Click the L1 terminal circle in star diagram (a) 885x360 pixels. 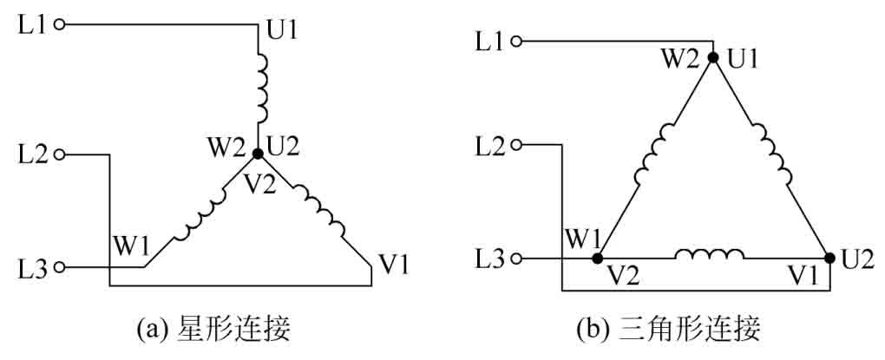tap(60, 25)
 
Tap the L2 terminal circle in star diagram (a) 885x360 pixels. tap(60, 155)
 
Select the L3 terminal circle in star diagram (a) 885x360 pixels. tap(60, 268)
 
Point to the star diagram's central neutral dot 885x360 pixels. tap(258, 154)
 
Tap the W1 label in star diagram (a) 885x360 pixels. tap(128, 246)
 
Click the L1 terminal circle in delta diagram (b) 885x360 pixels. tap(518, 41)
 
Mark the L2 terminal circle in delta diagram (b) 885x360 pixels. tap(518, 145)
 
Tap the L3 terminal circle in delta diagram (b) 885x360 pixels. tap(518, 258)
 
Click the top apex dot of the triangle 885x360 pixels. tap(713, 58)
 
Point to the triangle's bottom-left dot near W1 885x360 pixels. tap(597, 258)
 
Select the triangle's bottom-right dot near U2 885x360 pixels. tap(829, 258)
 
